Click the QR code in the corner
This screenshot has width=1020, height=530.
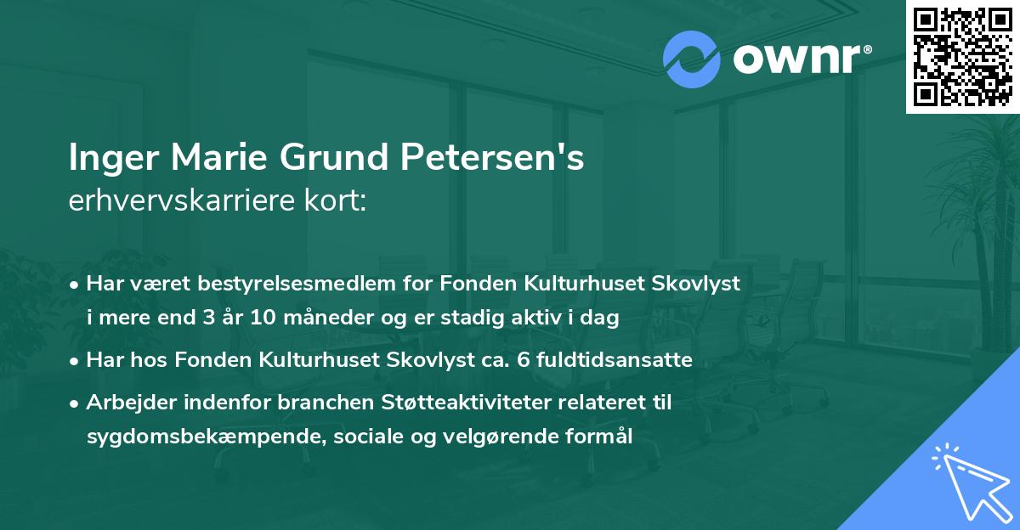coord(962,56)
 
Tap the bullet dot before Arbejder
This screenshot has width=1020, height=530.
coord(76,403)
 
